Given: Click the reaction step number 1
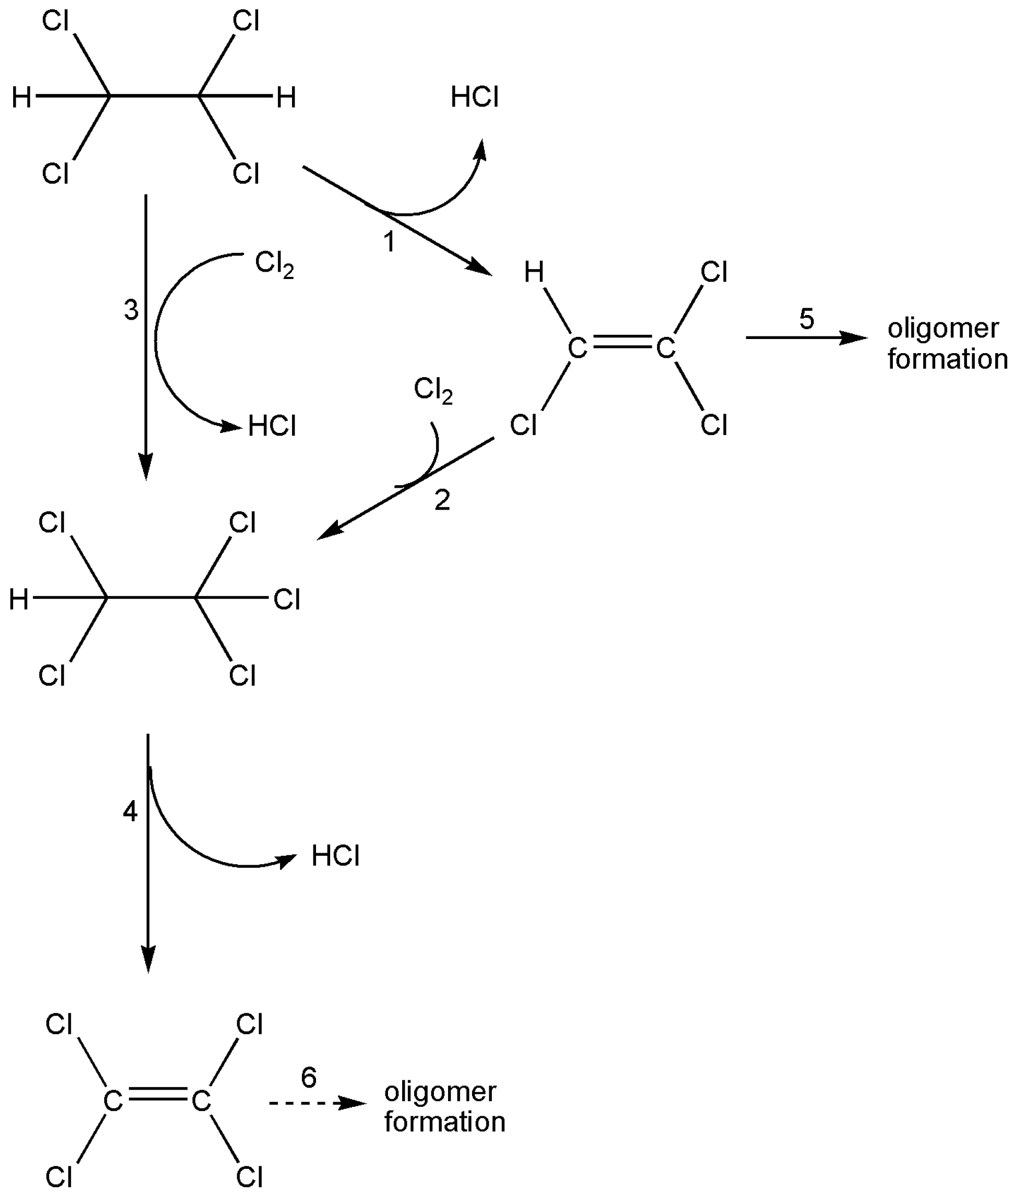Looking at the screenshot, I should coord(390,242).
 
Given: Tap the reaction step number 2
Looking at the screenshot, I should coord(442,500).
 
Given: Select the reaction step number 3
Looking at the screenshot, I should coord(131,310).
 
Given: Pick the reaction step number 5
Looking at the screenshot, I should coord(807,319).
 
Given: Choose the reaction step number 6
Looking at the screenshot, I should coord(309,1078).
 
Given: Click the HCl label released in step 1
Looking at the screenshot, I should coord(475,97).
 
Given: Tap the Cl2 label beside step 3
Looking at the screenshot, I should coord(274,264).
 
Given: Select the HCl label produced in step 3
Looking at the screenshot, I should coord(272,427).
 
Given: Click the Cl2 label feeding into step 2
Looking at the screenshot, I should coord(433,390).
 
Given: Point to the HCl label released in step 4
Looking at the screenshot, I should coord(335,856).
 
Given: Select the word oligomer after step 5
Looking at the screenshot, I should coord(943,329).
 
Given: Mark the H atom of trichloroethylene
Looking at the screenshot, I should coord(534,272).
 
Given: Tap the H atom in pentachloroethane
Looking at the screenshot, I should coord(18,600).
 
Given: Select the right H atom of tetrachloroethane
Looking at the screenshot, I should coord(286,98).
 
